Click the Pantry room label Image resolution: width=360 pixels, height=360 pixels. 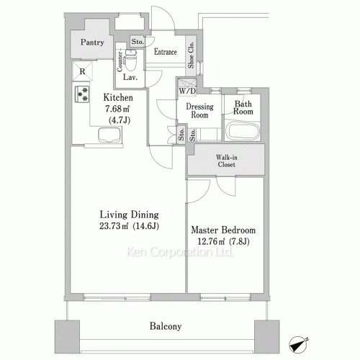point(91,42)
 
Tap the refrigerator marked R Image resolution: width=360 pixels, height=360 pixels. point(83,71)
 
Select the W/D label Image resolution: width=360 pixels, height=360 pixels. point(186,91)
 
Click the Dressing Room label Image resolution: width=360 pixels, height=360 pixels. point(199,110)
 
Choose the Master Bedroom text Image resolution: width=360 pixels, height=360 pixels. point(223,230)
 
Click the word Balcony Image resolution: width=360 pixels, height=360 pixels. point(165,326)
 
